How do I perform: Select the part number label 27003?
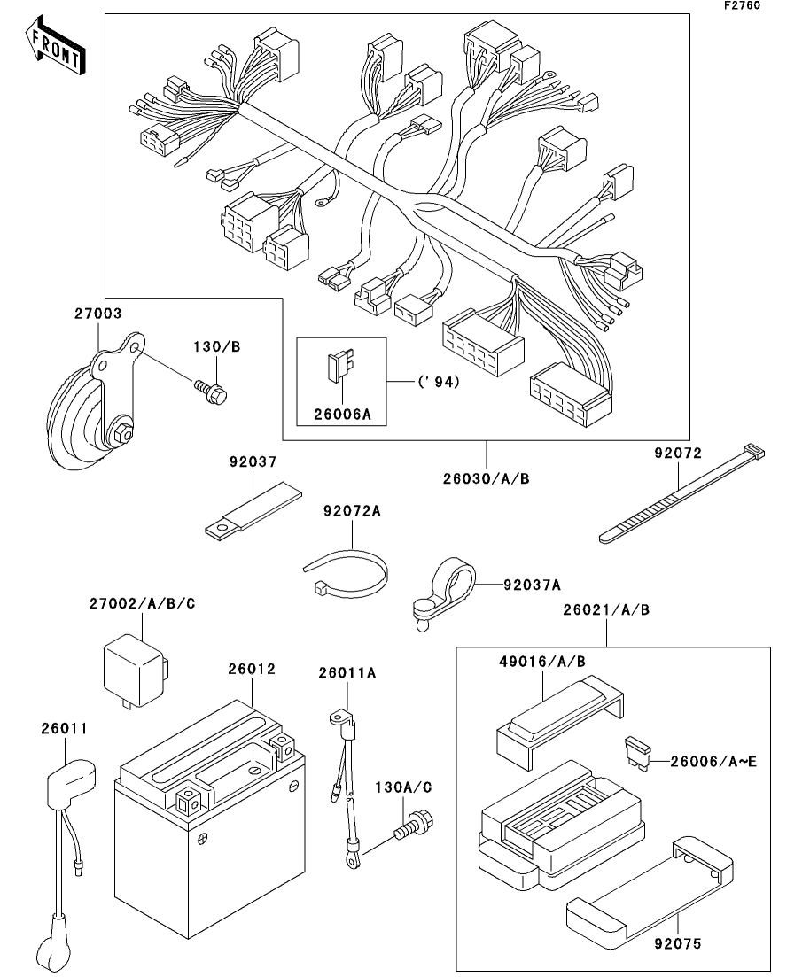coord(97,313)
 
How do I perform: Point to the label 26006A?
coord(341,413)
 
